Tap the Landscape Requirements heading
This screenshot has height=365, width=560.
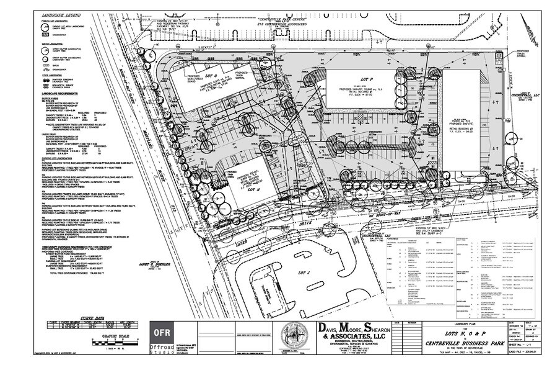pyautogui.click(x=59, y=91)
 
